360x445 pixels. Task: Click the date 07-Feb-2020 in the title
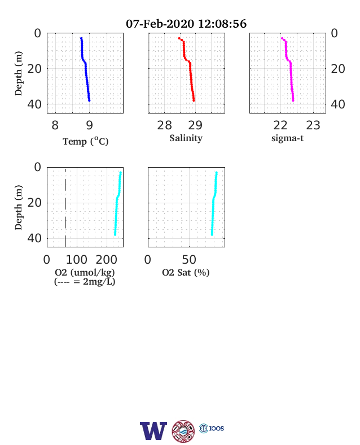(x=160, y=24)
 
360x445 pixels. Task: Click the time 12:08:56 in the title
(x=222, y=24)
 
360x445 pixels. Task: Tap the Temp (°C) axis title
(x=86, y=141)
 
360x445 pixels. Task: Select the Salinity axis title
(x=186, y=138)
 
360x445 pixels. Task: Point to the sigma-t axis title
(x=287, y=138)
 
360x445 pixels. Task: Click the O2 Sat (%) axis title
(x=186, y=272)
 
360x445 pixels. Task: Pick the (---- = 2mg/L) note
(x=85, y=282)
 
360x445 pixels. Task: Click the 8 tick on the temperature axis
(x=55, y=125)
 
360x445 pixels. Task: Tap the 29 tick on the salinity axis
(x=195, y=125)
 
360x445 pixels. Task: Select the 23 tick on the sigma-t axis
(x=313, y=125)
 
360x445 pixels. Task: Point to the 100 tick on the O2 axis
(x=77, y=260)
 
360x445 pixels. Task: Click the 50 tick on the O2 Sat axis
(x=189, y=260)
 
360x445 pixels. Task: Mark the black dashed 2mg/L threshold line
(x=65, y=207)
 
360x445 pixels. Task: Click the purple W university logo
(x=153, y=431)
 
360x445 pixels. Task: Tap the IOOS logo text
(x=217, y=428)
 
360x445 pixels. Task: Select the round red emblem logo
(x=183, y=431)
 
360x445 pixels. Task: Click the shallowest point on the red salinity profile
(x=179, y=38)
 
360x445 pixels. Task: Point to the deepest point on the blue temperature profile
(x=89, y=100)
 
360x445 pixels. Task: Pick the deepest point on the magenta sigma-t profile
(x=293, y=100)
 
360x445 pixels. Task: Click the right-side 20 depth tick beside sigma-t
(x=338, y=69)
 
